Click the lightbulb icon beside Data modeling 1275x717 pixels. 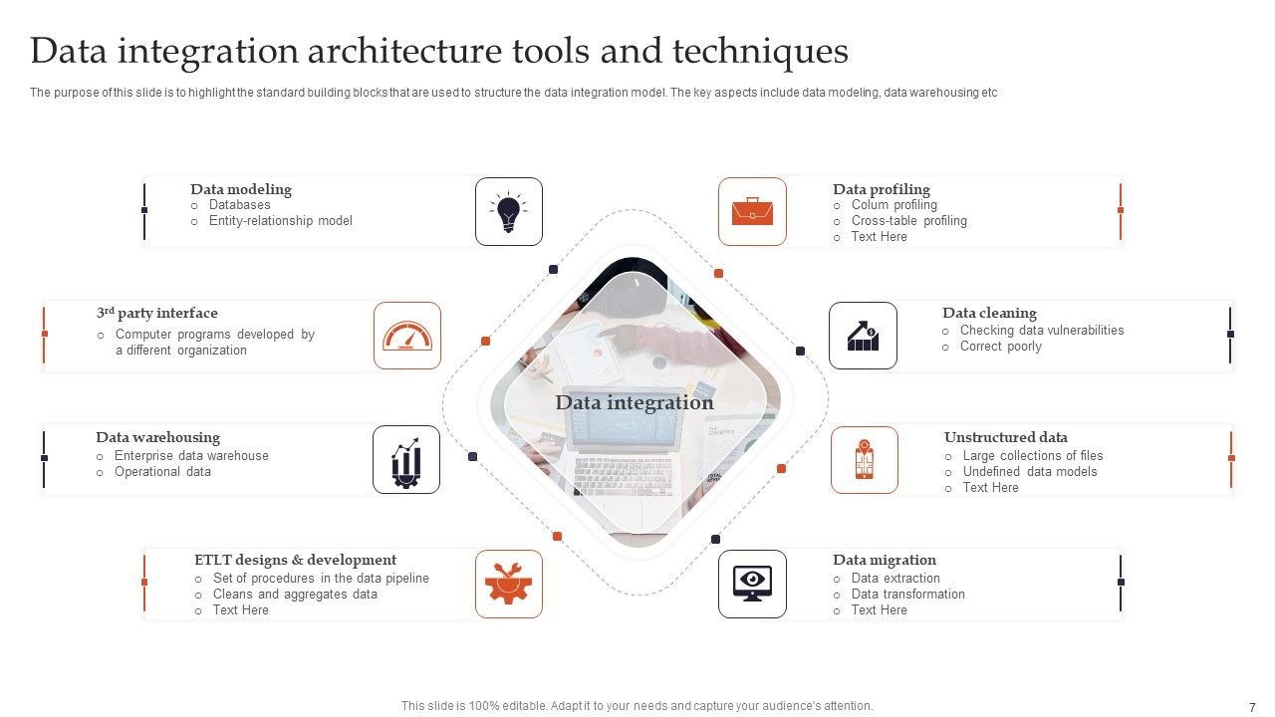click(509, 211)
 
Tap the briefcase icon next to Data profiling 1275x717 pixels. click(752, 211)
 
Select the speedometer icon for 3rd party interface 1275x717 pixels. click(407, 336)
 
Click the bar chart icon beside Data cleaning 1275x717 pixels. click(863, 336)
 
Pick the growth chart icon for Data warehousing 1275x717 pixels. click(406, 459)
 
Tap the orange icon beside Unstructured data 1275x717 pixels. click(864, 460)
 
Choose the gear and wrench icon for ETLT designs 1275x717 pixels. click(509, 584)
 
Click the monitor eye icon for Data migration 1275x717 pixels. click(752, 584)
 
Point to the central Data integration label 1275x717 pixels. click(635, 402)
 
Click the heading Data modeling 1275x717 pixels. click(241, 189)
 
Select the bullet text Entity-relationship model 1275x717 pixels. click(280, 221)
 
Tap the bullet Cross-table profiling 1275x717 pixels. click(908, 221)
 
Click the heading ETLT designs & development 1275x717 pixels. click(295, 560)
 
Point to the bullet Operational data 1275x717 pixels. click(162, 472)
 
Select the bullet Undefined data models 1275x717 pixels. click(1029, 472)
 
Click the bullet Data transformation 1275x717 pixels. click(907, 595)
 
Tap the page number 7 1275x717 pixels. click(1252, 707)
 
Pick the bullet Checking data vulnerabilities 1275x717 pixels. click(1041, 331)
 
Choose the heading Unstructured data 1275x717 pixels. click(1005, 437)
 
